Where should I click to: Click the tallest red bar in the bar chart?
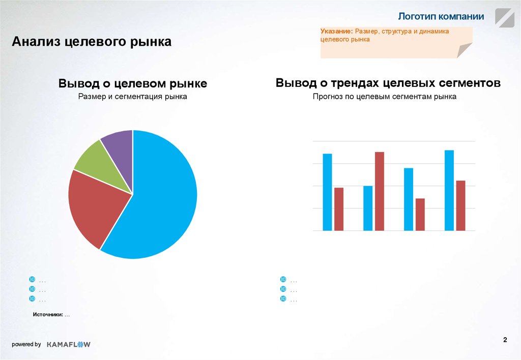pyautogui.click(x=380, y=191)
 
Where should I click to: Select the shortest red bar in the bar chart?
pyautogui.click(x=420, y=214)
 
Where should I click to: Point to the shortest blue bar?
pyautogui.click(x=368, y=208)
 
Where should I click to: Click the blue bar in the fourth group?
pyautogui.click(x=449, y=190)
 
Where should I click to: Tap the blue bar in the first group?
pyautogui.click(x=327, y=192)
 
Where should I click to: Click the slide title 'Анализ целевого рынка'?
pyautogui.click(x=92, y=41)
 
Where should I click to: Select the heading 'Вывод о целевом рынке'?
pyautogui.click(x=132, y=84)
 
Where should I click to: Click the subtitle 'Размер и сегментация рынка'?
pyautogui.click(x=132, y=97)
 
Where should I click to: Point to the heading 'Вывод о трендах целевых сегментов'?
pyautogui.click(x=388, y=83)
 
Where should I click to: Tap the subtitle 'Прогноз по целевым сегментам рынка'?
pyautogui.click(x=385, y=96)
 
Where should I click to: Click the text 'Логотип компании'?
pyautogui.click(x=441, y=16)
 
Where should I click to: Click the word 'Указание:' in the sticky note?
pyautogui.click(x=336, y=32)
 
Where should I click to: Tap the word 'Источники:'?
pyautogui.click(x=48, y=315)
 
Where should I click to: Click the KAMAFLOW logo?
pyautogui.click(x=68, y=344)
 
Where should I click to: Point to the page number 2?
pyautogui.click(x=505, y=340)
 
